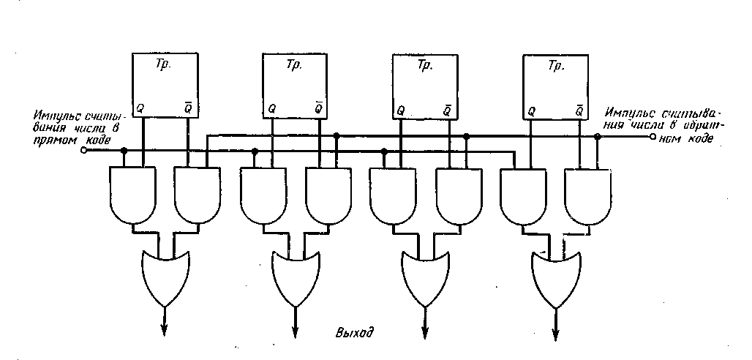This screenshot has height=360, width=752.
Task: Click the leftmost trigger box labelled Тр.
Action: click(164, 85)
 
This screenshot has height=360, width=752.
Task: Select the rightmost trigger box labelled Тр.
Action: click(555, 86)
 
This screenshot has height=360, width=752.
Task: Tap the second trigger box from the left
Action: click(295, 86)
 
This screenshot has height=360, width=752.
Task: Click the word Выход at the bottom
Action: click(355, 334)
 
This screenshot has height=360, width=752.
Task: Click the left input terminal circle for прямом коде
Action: click(83, 150)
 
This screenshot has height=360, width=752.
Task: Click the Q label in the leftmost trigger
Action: click(141, 108)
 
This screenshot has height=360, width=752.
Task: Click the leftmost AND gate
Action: click(132, 193)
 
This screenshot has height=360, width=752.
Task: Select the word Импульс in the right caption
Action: click(622, 113)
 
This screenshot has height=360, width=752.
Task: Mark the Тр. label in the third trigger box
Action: click(425, 66)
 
